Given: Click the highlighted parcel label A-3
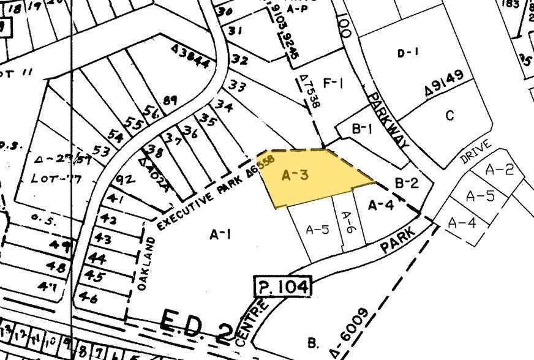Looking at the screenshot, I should tap(294, 175).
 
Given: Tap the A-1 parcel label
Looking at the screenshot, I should tap(220, 234).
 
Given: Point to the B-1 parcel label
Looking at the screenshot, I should tap(362, 129).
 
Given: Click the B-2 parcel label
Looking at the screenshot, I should tap(406, 182).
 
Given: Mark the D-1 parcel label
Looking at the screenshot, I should tap(407, 53).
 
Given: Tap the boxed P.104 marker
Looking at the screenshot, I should tap(282, 287).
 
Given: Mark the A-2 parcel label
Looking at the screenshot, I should tap(498, 170).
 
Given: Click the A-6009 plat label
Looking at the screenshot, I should tap(350, 332).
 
